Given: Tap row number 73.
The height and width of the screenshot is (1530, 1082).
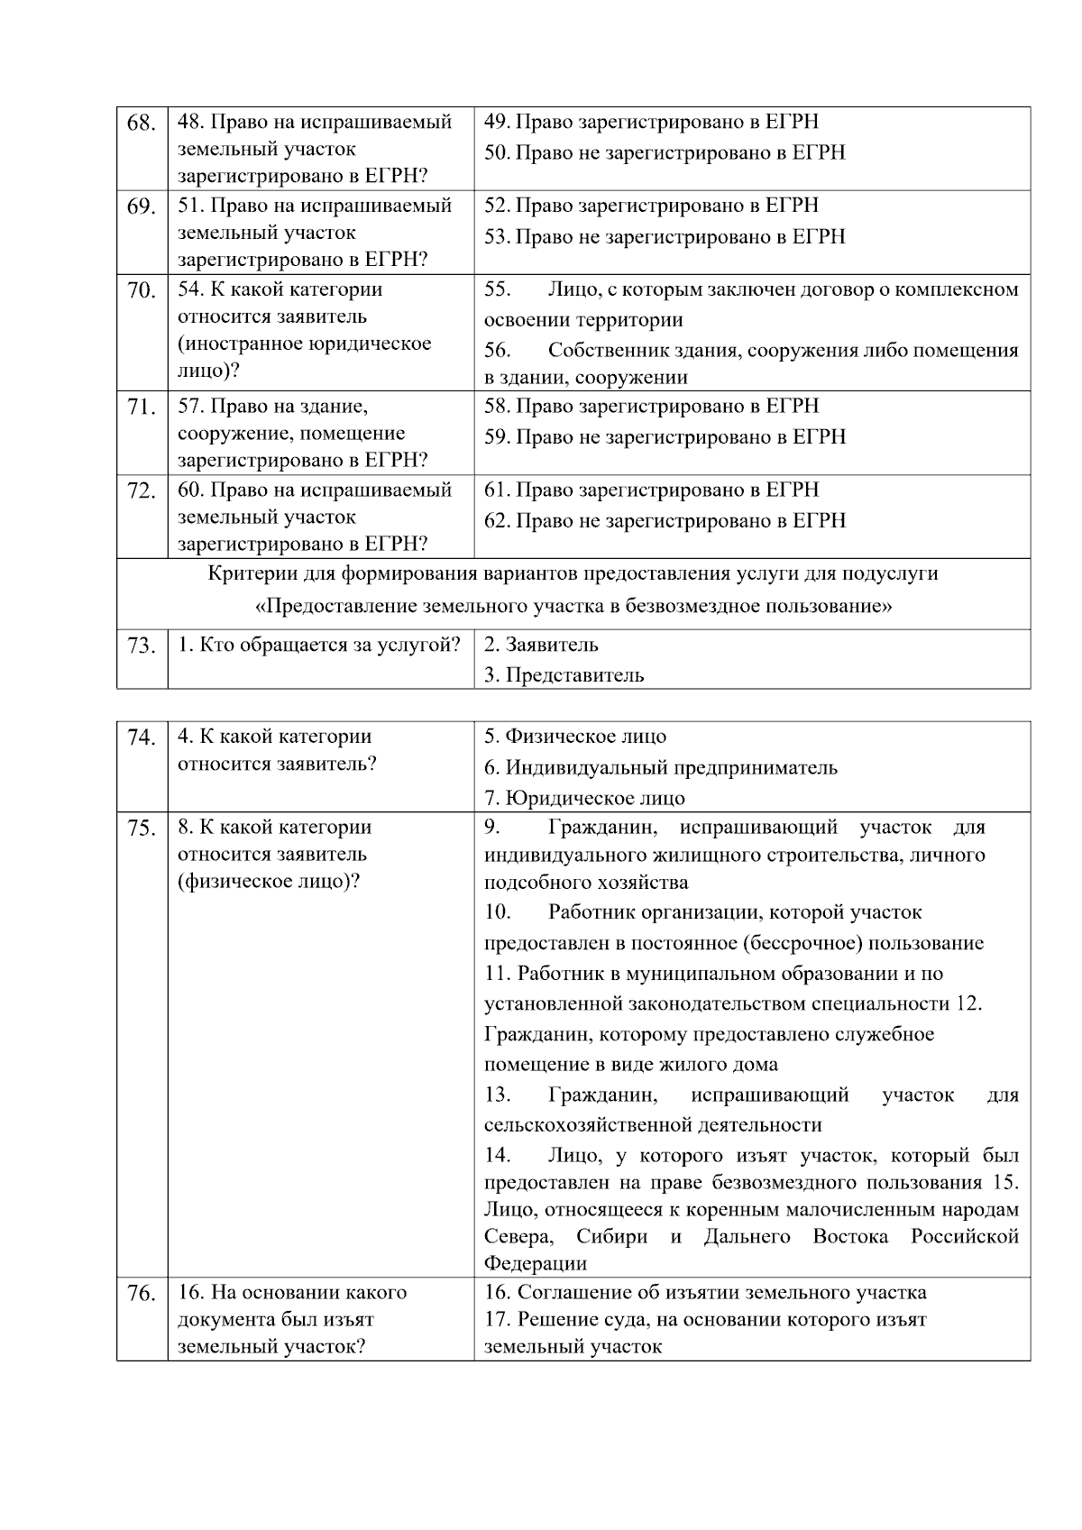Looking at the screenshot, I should (142, 646).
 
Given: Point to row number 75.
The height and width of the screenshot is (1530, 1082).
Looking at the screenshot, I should (142, 829).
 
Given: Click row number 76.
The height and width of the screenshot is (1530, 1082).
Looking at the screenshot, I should (142, 1294).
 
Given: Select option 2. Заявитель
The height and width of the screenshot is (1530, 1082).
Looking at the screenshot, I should (541, 645).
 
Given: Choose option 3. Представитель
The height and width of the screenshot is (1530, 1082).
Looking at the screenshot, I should (564, 675).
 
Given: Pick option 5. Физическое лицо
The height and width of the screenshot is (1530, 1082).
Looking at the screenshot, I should (575, 737).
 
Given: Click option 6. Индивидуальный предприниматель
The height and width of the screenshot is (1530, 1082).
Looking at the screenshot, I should (660, 767).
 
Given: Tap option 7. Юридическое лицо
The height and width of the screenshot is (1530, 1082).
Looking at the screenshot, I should (584, 798).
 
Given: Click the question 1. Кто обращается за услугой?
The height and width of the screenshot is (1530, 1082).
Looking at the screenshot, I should (319, 645).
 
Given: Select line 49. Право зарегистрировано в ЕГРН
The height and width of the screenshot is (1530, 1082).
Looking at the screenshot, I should (651, 122).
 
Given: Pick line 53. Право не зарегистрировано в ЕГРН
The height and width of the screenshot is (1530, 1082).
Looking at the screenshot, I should (665, 236).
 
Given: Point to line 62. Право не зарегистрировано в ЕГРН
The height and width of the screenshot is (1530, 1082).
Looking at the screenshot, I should (665, 520).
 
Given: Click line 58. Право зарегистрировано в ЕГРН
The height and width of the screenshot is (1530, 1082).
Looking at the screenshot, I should (651, 406).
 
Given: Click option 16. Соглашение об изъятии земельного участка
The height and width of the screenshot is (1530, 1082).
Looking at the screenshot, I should (705, 1292).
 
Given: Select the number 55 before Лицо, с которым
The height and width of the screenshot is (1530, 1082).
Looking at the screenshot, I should (497, 289).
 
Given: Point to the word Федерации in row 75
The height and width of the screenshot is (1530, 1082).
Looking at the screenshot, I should (535, 1263).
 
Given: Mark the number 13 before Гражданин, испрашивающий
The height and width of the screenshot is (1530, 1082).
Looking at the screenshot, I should (497, 1095).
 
